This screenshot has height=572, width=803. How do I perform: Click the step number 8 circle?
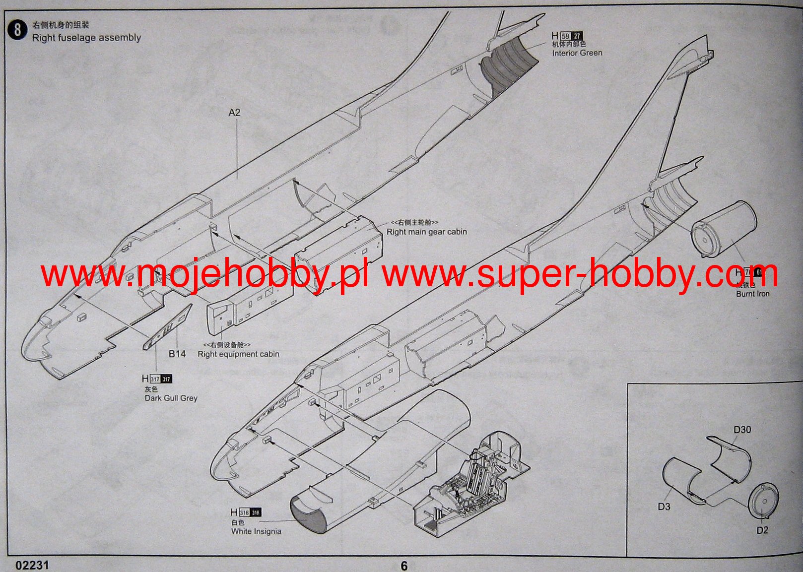17,30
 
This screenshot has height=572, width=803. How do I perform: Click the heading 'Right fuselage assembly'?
86,38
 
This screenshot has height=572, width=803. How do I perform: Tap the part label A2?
234,113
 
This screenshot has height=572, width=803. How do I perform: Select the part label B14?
177,354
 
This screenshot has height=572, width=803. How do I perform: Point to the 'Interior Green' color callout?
577,53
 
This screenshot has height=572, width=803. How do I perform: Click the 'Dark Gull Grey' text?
171,398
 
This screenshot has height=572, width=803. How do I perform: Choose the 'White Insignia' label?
256,531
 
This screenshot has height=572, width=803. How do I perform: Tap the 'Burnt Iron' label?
752,294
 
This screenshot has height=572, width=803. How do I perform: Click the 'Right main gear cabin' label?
426,232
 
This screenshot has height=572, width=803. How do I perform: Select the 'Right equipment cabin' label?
238,354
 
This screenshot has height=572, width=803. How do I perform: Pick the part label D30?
742,430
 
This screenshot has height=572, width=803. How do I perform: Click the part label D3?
664,507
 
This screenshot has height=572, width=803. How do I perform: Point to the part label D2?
762,530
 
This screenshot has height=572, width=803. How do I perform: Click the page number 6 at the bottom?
404,566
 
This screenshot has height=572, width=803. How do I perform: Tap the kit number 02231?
32,565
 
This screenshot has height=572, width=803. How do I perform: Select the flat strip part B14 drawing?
168,327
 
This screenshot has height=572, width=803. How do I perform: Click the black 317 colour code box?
166,380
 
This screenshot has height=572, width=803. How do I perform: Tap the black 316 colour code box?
255,512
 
